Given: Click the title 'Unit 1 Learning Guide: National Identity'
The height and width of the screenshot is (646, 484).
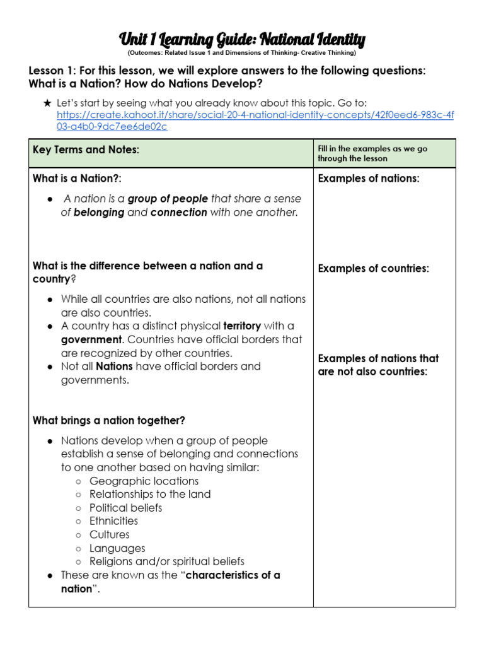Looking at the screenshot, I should pos(242,40).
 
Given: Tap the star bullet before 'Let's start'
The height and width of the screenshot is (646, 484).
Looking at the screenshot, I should pos(47,102).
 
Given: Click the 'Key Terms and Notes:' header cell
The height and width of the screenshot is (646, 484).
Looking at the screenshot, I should pos(86,149).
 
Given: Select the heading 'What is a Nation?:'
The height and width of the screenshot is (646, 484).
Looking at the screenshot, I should pos(77,179).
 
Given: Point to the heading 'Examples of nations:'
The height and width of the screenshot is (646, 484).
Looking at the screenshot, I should pos(369,179).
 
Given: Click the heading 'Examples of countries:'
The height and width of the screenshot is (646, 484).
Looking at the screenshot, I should pos(373,269).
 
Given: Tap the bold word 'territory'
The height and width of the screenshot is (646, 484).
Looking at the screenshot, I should pos(241,326).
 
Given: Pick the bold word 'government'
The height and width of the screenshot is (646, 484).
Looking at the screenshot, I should pos(91,339).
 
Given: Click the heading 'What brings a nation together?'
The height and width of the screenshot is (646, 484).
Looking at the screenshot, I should pos(109,420).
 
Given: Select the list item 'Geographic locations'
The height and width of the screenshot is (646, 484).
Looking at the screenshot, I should pos(144,481).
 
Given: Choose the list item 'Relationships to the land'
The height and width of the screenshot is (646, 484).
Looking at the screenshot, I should pos(150,494).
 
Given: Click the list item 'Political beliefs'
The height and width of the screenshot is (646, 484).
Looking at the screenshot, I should pos(125,508).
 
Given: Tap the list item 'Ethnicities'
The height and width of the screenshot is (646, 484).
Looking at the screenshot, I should pos(113,521).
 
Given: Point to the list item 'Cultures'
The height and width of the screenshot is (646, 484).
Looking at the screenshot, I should pos(110,534).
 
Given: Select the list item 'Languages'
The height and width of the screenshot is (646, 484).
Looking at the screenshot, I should pos(117,548).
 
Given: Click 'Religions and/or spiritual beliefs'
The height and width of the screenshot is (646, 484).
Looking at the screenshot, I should pos(166,561).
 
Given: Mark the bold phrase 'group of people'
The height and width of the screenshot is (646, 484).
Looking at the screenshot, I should pos(168,199).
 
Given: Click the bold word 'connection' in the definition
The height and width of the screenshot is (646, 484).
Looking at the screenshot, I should pos(178,213).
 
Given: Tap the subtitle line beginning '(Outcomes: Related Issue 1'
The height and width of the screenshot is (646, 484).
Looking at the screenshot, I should pos(242,53).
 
